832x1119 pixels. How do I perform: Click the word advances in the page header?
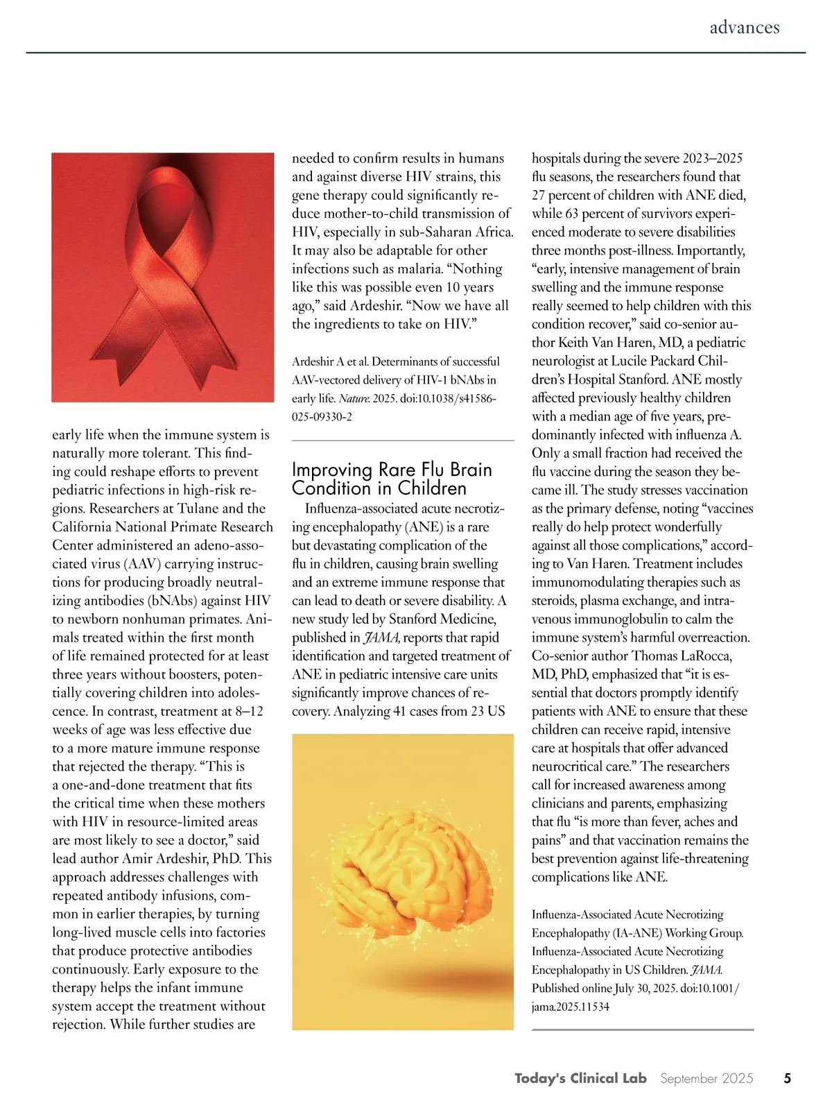click(x=744, y=28)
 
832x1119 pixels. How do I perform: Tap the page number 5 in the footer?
click(x=787, y=1078)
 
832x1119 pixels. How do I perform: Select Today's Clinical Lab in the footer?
click(x=580, y=1078)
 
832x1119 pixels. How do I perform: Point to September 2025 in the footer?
click(x=706, y=1078)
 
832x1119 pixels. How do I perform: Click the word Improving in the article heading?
click(x=332, y=470)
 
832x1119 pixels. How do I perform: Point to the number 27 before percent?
click(x=540, y=196)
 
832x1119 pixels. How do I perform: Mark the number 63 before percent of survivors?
click(x=572, y=214)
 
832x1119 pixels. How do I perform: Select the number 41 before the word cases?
click(x=401, y=711)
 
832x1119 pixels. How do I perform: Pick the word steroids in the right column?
click(x=553, y=601)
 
